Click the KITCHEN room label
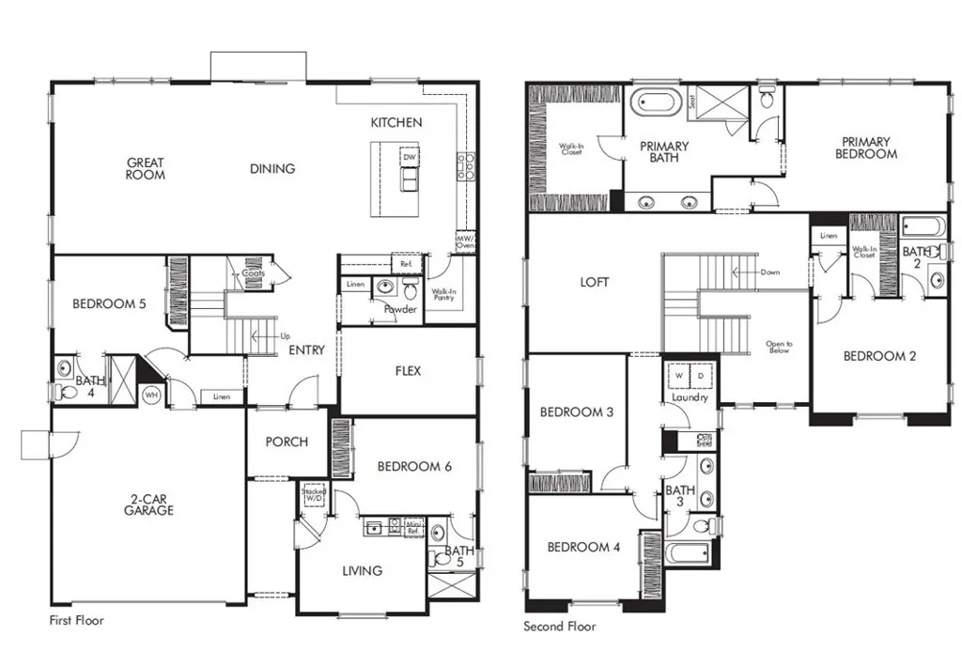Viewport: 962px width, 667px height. coord(396,122)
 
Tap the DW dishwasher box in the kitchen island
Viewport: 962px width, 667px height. coord(410,157)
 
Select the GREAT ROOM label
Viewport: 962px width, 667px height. coord(146,169)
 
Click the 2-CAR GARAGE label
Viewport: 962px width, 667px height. coord(148,504)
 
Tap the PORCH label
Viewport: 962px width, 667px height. coord(287,442)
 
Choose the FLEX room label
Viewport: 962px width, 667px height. coord(408,370)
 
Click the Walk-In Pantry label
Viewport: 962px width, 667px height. coord(443,296)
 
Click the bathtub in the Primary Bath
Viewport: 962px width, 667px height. coord(657,102)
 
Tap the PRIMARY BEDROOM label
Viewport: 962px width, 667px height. coord(865,148)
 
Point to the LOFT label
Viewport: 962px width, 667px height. coord(594,282)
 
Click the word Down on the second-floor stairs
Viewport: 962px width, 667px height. coord(769,272)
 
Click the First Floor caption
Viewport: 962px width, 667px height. coord(76,621)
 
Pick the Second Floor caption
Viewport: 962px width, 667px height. coord(559,627)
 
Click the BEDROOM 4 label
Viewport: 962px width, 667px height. coord(582,547)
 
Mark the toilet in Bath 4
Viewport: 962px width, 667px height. coord(64,393)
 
